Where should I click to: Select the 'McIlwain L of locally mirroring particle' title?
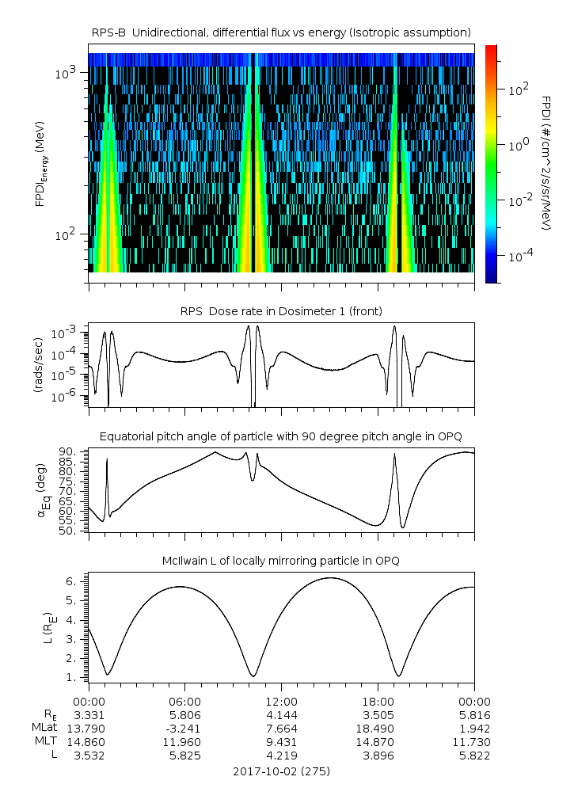(281, 561)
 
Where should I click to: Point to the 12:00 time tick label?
(281, 702)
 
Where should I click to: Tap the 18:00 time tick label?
(378, 702)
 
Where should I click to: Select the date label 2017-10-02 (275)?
(281, 771)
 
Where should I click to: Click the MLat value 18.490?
(378, 728)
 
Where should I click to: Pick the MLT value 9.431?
(281, 741)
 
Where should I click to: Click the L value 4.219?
(281, 756)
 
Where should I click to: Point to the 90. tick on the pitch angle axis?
(65, 451)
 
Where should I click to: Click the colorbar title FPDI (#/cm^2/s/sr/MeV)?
(546, 163)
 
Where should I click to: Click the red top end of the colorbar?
(491, 49)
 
